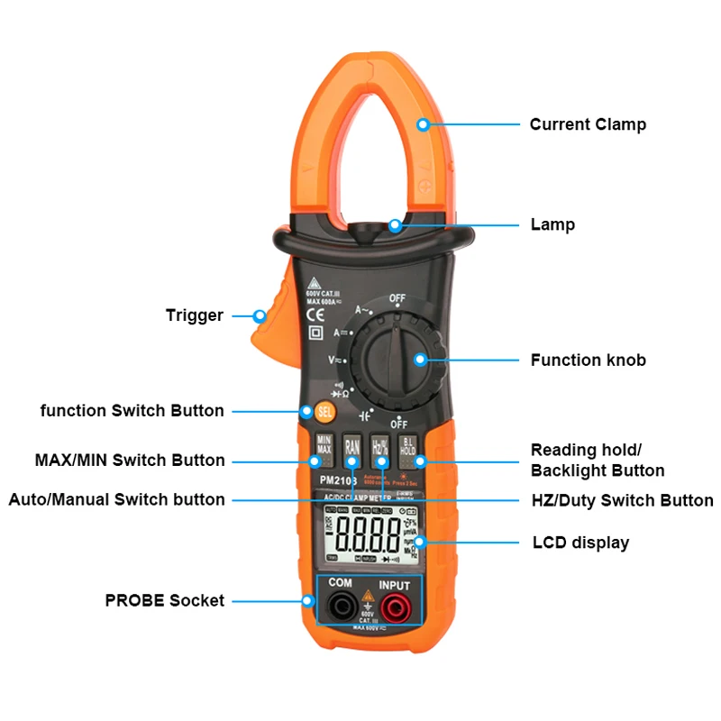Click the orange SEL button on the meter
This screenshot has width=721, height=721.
click(325, 412)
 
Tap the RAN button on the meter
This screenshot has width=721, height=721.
click(352, 447)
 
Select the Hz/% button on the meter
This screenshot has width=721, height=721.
click(380, 447)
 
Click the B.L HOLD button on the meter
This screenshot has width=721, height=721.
click(408, 447)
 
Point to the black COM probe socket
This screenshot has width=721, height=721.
click(340, 606)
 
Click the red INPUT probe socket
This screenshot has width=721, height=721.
click(394, 606)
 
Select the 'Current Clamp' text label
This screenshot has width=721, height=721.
click(588, 124)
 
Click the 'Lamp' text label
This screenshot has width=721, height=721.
click(552, 224)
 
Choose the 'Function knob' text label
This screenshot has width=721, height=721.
click(588, 360)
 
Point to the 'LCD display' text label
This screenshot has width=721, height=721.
click(580, 543)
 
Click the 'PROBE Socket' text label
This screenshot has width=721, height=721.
click(165, 600)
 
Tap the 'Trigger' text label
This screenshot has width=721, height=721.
click(195, 315)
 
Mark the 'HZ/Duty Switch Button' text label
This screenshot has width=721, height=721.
click(622, 500)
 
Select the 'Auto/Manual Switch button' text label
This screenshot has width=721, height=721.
click(117, 499)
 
